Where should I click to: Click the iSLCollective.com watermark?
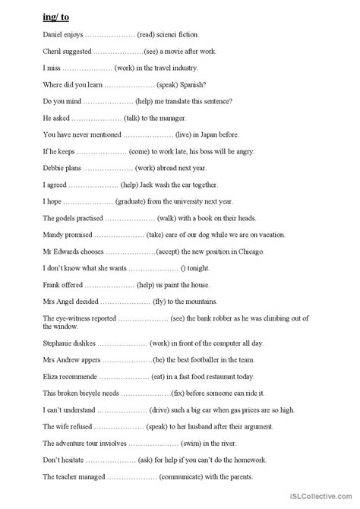click(323, 501)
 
